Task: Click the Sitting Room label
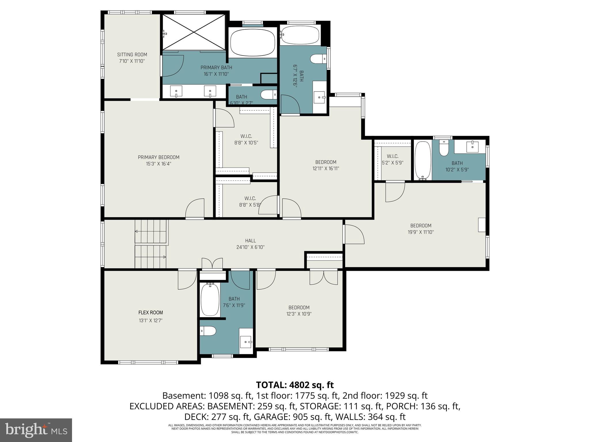[132, 55]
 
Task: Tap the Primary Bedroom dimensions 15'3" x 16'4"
[158, 164]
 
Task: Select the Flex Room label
[150, 313]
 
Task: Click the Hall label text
[250, 241]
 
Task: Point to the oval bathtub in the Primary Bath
[253, 42]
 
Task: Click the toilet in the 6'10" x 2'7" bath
[268, 94]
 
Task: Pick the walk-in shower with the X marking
[194, 32]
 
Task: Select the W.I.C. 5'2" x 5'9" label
[392, 156]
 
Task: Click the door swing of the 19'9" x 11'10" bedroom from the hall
[354, 235]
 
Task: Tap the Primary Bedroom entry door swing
[195, 209]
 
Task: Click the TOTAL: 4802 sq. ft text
[295, 385]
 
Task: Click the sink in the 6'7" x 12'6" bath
[319, 97]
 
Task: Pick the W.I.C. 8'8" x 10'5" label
[246, 136]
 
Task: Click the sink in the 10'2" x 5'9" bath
[472, 147]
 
